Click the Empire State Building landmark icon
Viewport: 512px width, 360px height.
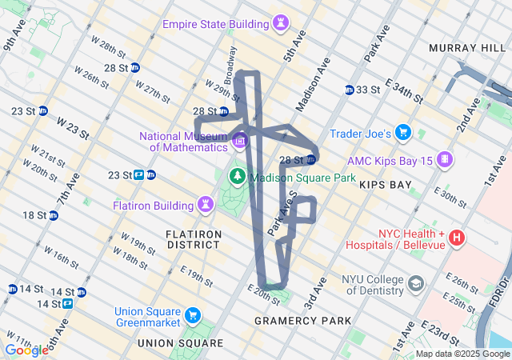click(280, 25)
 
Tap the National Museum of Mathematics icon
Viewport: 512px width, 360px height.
click(240, 142)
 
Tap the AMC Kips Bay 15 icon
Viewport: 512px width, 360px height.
click(444, 159)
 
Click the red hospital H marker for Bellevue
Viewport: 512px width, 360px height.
click(457, 237)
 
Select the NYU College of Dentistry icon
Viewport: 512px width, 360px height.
click(416, 283)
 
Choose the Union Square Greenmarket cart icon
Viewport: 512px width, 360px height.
click(192, 315)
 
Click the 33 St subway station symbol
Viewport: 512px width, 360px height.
click(350, 90)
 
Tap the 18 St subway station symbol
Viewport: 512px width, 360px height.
click(53, 215)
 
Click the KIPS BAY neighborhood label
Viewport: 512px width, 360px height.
click(385, 185)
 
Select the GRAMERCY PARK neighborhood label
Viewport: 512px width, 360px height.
click(302, 321)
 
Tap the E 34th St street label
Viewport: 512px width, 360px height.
click(404, 90)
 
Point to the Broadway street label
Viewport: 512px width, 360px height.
click(231, 64)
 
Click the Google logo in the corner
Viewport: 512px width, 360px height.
click(26, 350)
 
